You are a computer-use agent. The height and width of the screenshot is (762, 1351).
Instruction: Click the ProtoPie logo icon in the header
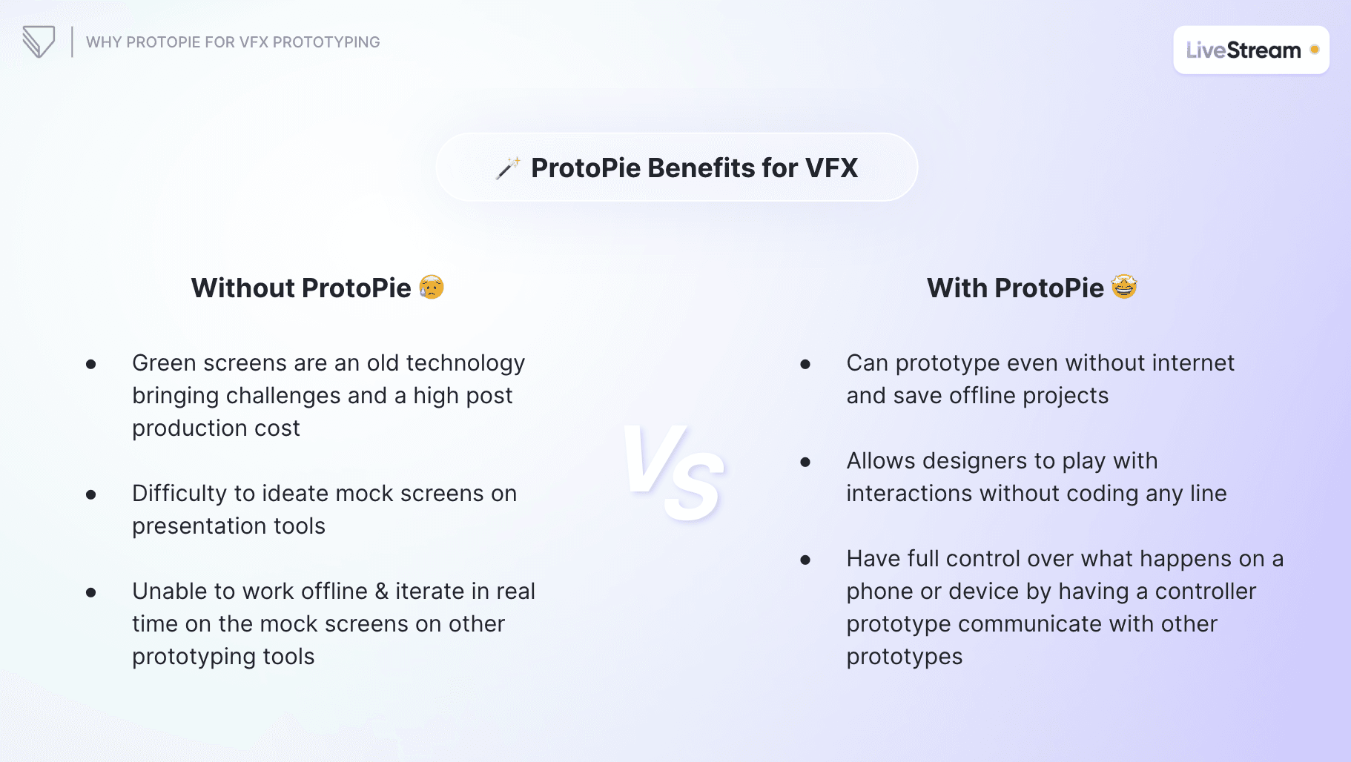click(x=39, y=42)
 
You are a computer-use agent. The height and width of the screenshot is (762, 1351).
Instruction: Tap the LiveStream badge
click(x=1250, y=50)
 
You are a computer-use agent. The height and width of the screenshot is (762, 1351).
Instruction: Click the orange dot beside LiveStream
click(x=1314, y=50)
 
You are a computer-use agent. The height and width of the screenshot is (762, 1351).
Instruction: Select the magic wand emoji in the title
click(x=508, y=168)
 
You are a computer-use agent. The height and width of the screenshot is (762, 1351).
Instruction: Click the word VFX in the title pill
click(x=831, y=168)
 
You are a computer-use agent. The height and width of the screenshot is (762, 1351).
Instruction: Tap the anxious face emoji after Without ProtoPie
click(x=432, y=287)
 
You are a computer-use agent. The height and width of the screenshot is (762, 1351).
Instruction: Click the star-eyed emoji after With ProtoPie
click(x=1124, y=286)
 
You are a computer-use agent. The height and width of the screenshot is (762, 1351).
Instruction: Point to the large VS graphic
click(x=673, y=472)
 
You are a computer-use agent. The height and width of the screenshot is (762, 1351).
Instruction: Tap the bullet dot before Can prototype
click(x=805, y=364)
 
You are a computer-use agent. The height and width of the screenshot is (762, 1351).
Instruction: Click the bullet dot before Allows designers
click(x=805, y=462)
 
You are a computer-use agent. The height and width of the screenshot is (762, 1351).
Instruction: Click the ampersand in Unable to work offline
click(x=381, y=592)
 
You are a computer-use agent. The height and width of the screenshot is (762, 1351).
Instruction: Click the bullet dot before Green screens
click(x=90, y=364)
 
